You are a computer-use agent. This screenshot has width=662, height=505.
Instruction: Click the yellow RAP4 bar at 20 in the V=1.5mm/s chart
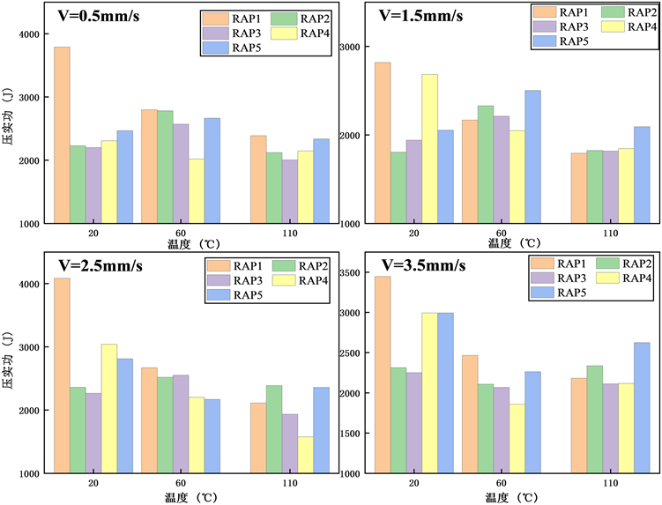[429, 149]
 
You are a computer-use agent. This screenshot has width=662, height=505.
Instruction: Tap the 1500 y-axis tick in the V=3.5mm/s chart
[352, 434]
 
